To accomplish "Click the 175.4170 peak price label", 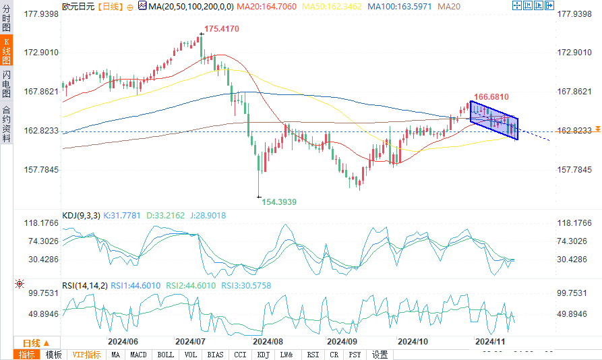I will click(x=222, y=30).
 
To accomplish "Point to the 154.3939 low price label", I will click(x=279, y=202).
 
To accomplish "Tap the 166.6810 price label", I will click(x=491, y=97).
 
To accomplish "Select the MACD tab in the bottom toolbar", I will click(x=138, y=355).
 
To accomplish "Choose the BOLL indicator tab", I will click(x=165, y=355).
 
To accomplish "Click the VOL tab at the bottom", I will click(x=191, y=355).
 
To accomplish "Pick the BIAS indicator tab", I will click(x=216, y=355).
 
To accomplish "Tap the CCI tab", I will click(x=239, y=355).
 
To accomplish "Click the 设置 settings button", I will click(x=380, y=355).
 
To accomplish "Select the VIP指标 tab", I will click(x=86, y=355).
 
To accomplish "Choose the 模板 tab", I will click(x=53, y=355).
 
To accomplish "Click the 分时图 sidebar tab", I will click(x=7, y=21).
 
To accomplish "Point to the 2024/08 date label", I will click(x=267, y=342).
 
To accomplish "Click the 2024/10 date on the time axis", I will click(x=413, y=342).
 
